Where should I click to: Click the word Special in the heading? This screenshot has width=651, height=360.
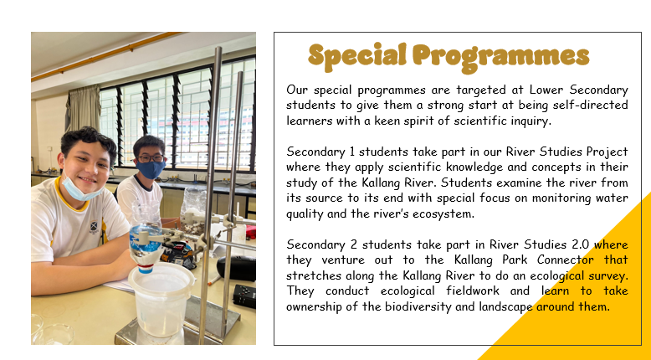pyautogui.click(x=357, y=56)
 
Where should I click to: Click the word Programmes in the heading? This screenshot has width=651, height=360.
pyautogui.click(x=501, y=58)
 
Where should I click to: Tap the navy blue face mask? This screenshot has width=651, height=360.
pyautogui.click(x=151, y=169)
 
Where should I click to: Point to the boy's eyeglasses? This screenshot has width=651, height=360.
pyautogui.click(x=150, y=158)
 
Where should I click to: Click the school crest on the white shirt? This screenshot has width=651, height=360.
pyautogui.click(x=95, y=227)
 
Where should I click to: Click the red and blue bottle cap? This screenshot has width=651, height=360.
pyautogui.click(x=146, y=265)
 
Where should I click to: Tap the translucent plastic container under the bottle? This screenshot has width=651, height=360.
pyautogui.click(x=161, y=300)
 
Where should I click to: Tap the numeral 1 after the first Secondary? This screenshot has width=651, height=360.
pyautogui.click(x=351, y=152)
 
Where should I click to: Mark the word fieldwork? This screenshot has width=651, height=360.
pyautogui.click(x=473, y=291)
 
